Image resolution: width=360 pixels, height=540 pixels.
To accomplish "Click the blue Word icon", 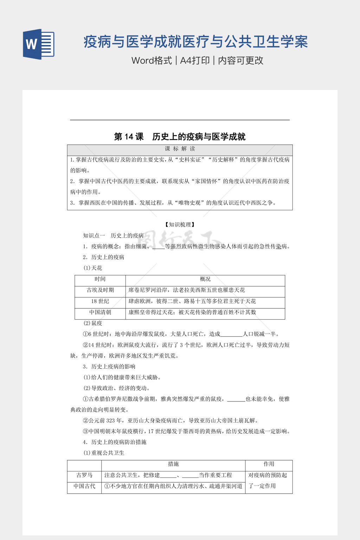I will coord(39,44).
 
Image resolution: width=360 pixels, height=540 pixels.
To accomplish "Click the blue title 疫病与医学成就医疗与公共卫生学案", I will coord(195,42).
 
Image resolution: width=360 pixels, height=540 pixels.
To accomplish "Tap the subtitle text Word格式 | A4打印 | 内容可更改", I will coord(197,60).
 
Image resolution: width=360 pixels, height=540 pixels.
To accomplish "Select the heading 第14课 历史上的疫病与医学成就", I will coord(180,137).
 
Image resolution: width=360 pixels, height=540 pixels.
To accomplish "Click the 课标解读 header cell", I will coord(180,149).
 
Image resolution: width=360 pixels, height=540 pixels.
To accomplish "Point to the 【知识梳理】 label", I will coord(180,224).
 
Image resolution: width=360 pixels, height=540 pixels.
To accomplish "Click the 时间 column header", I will coord(100,279).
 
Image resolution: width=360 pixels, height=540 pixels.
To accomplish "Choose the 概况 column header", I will coord(205,279).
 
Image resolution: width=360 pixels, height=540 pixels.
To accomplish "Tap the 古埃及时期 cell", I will coord(100,290).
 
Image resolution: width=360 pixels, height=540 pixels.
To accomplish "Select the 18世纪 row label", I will coord(100,301).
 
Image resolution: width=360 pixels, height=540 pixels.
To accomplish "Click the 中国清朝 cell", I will coord(100,312).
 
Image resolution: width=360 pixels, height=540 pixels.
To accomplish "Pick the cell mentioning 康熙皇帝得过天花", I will coord(192,312).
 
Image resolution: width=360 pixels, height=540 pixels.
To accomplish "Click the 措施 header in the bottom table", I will coord(173,464).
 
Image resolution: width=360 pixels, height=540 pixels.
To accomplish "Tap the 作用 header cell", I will coord(269,464).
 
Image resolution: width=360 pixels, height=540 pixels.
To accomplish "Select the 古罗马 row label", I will coord(84,475).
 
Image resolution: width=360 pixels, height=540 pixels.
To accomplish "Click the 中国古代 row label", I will coord(84,486).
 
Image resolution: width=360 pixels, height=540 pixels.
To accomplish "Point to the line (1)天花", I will coord(93,268).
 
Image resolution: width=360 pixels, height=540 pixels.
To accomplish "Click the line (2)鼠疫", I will coord(93,323).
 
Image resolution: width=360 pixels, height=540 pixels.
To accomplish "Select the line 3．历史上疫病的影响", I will coord(109,366).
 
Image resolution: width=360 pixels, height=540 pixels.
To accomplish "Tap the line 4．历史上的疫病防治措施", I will coord(115,442).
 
